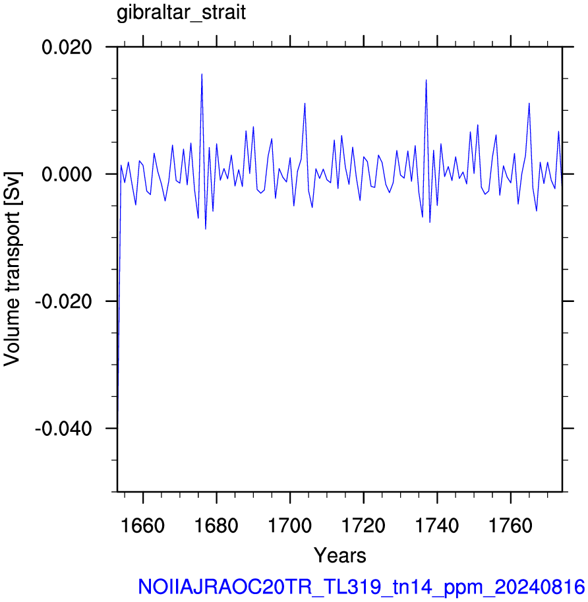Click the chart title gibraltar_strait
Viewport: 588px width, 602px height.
181,13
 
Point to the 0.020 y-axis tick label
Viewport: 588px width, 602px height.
67,47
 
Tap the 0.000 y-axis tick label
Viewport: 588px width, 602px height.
67,174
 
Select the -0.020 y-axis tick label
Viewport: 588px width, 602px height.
63,301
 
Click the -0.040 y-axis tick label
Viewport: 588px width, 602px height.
63,428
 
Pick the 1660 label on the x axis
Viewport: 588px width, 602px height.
143,526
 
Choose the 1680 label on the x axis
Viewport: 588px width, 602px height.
216,526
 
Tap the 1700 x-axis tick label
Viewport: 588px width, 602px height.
290,526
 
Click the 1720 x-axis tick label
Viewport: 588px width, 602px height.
363,526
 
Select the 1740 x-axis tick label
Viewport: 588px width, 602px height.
437,526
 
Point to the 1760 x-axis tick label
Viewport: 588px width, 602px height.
511,526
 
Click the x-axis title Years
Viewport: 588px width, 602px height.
340,555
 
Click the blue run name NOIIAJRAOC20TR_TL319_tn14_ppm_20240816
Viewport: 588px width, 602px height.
361,587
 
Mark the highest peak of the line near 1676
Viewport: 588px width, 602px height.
202,74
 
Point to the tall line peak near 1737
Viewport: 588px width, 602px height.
426,80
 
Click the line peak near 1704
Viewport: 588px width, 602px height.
305,104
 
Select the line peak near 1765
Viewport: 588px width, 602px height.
529,104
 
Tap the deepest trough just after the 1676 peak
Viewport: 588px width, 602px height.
206,229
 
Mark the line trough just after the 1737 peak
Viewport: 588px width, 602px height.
430,222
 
